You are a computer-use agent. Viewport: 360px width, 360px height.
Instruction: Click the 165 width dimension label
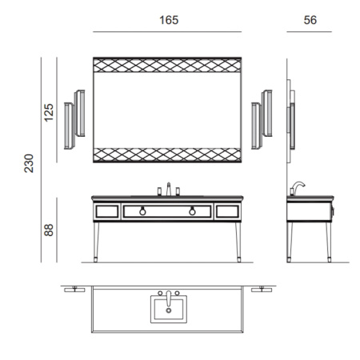click(169, 20)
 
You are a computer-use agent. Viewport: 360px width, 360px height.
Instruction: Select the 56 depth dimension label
click(310, 20)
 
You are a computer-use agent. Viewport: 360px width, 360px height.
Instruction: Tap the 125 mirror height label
click(49, 113)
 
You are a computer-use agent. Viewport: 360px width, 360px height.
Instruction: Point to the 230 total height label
click(29, 163)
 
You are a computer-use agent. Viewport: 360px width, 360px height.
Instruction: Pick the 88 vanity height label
click(49, 230)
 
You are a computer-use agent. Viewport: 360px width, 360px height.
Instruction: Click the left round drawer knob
click(142, 211)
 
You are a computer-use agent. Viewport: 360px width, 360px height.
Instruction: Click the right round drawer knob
click(192, 211)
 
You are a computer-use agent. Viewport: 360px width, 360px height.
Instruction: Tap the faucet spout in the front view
click(169, 189)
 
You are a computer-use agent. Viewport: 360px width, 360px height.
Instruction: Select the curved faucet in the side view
click(298, 186)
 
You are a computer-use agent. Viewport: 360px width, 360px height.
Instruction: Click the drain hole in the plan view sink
click(169, 310)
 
